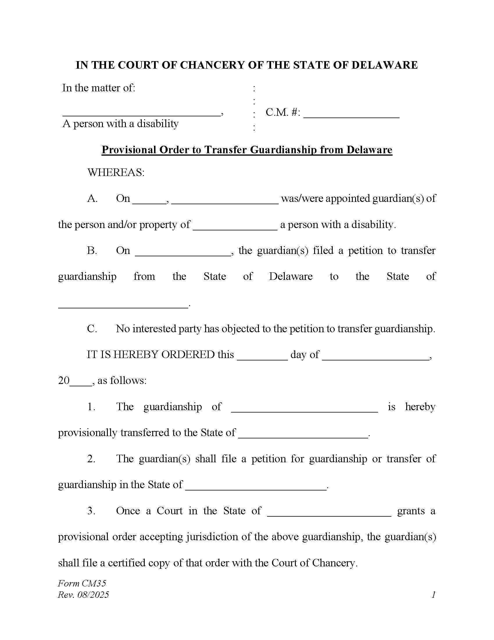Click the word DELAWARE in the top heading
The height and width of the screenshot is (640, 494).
[384, 65]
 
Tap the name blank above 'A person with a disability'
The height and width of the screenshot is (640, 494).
[141, 113]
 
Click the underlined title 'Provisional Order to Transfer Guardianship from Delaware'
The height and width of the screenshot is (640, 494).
[247, 150]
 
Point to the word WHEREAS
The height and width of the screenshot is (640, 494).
[116, 173]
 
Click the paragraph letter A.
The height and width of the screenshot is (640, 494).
[92, 199]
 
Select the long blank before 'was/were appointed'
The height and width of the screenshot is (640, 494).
[225, 200]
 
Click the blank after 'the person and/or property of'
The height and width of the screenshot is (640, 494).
[235, 226]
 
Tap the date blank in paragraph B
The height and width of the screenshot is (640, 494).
[183, 252]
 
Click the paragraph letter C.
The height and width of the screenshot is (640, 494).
[92, 329]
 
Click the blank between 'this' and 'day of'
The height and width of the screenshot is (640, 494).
[262, 356]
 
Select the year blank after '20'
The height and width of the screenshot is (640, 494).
[81, 382]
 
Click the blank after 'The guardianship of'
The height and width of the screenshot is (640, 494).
[304, 408]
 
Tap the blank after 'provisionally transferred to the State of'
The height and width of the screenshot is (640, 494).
[303, 434]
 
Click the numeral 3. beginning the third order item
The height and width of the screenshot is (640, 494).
[91, 511]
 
